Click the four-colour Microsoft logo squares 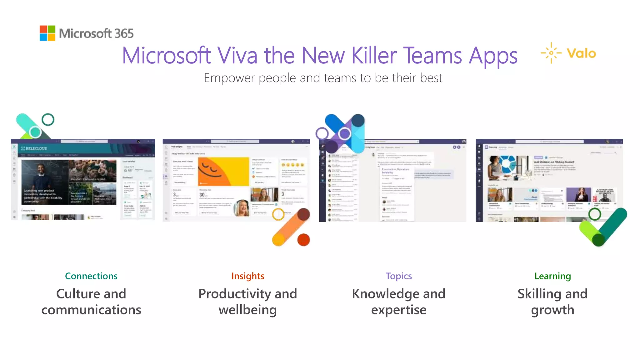47,33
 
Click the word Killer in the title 374,56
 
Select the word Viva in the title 237,56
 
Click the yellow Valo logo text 581,53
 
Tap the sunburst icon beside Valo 551,53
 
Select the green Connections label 91,276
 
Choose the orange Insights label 248,276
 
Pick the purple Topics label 399,276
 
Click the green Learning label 552,276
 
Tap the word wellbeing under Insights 248,310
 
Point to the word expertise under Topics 399,310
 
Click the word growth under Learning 552,310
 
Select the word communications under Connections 91,310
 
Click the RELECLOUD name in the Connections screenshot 36,148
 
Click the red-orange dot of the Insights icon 303,240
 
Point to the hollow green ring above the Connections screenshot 48,119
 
